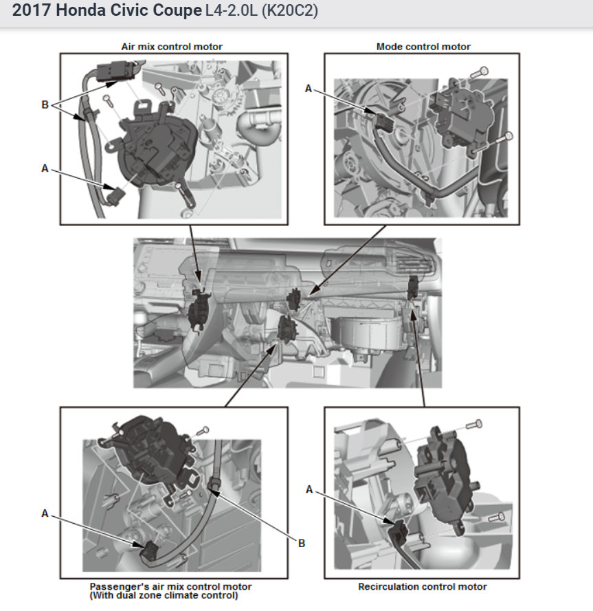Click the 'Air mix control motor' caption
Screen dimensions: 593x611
pyautogui.click(x=172, y=47)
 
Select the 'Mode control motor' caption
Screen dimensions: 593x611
pyautogui.click(x=423, y=47)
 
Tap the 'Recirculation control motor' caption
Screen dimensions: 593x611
pyautogui.click(x=423, y=586)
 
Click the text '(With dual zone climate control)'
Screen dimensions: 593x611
pyautogui.click(x=164, y=595)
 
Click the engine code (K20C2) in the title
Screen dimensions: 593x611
pyautogui.click(x=289, y=11)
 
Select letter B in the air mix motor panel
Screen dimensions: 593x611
pyautogui.click(x=45, y=104)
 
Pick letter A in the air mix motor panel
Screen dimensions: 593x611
pyautogui.click(x=45, y=168)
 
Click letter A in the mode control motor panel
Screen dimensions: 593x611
pyautogui.click(x=309, y=89)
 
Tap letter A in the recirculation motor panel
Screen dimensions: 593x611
pyautogui.click(x=309, y=489)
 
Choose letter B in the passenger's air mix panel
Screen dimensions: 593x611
pyautogui.click(x=302, y=543)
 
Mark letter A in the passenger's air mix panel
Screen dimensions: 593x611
pyautogui.click(x=45, y=513)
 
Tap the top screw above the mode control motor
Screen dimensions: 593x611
pyautogui.click(x=479, y=72)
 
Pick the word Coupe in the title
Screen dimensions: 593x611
pyautogui.click(x=177, y=11)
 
